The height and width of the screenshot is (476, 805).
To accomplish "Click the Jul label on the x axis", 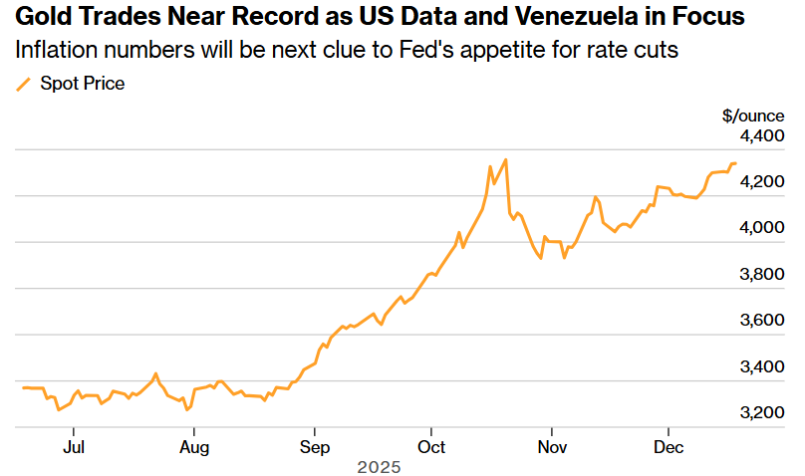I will pos(74,447).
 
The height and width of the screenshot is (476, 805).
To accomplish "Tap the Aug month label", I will pos(194,447).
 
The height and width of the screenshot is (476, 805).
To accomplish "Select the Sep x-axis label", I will pos(315,447).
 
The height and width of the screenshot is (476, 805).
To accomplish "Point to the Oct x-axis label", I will pos(431,447).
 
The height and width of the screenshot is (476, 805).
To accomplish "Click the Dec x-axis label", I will pos(669,447).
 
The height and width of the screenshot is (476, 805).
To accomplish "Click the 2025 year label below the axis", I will pos(379,466).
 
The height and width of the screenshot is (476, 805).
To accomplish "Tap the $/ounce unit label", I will pos(754,115).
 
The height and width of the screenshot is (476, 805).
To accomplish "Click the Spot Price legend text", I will pos(82,84).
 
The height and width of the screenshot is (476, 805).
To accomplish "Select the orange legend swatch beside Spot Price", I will pos(24,85).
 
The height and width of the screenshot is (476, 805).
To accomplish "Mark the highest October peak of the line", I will pos(506,159).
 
